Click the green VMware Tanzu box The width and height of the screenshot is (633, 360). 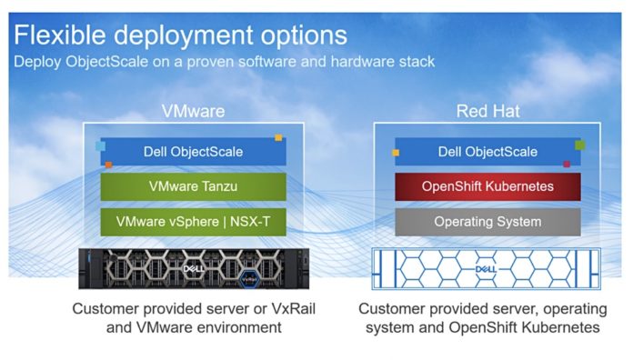point(193,186)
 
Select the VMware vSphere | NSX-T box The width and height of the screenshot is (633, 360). point(193,221)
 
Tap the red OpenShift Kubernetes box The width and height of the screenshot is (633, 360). point(487,186)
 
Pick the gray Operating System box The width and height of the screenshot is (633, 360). point(487,221)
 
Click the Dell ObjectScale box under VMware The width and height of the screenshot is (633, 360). point(193,152)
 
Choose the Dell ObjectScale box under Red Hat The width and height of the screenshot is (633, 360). point(487,152)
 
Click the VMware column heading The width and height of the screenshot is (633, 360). point(193,112)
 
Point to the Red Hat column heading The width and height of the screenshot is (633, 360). point(487,112)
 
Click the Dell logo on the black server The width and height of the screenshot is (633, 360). point(192,269)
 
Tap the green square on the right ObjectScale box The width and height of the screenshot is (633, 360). point(579,145)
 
